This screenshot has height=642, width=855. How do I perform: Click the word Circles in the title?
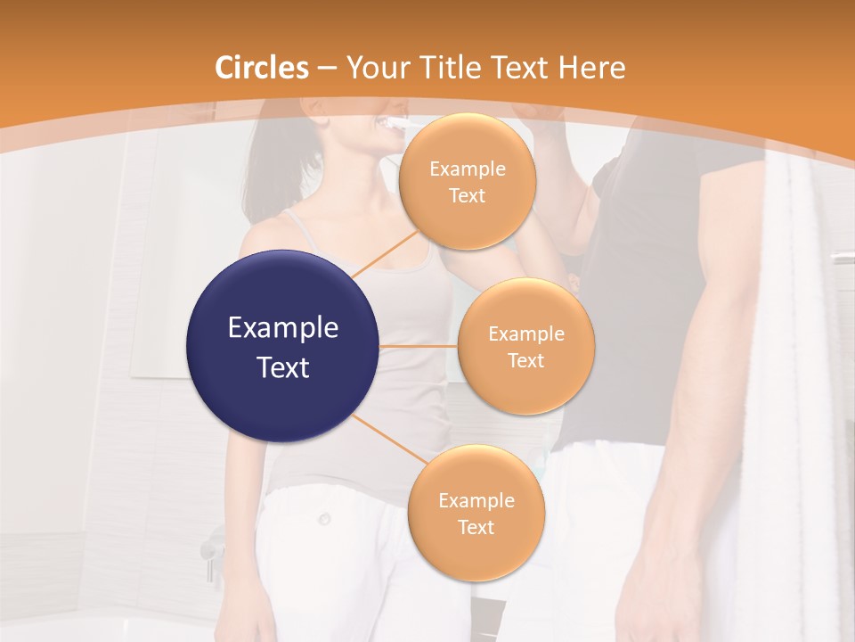coord(262,68)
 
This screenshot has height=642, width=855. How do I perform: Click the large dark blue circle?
coord(283,346)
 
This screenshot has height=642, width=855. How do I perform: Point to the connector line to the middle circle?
coord(419,345)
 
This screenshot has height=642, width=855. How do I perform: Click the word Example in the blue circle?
coord(283,328)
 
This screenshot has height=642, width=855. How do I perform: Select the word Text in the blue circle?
coord(283,367)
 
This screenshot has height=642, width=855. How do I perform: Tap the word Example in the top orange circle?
coord(467,169)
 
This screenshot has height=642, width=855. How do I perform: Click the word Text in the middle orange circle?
coord(525,360)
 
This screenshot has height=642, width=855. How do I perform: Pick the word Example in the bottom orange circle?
coord(476,501)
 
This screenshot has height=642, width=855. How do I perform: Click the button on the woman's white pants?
coord(325,518)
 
